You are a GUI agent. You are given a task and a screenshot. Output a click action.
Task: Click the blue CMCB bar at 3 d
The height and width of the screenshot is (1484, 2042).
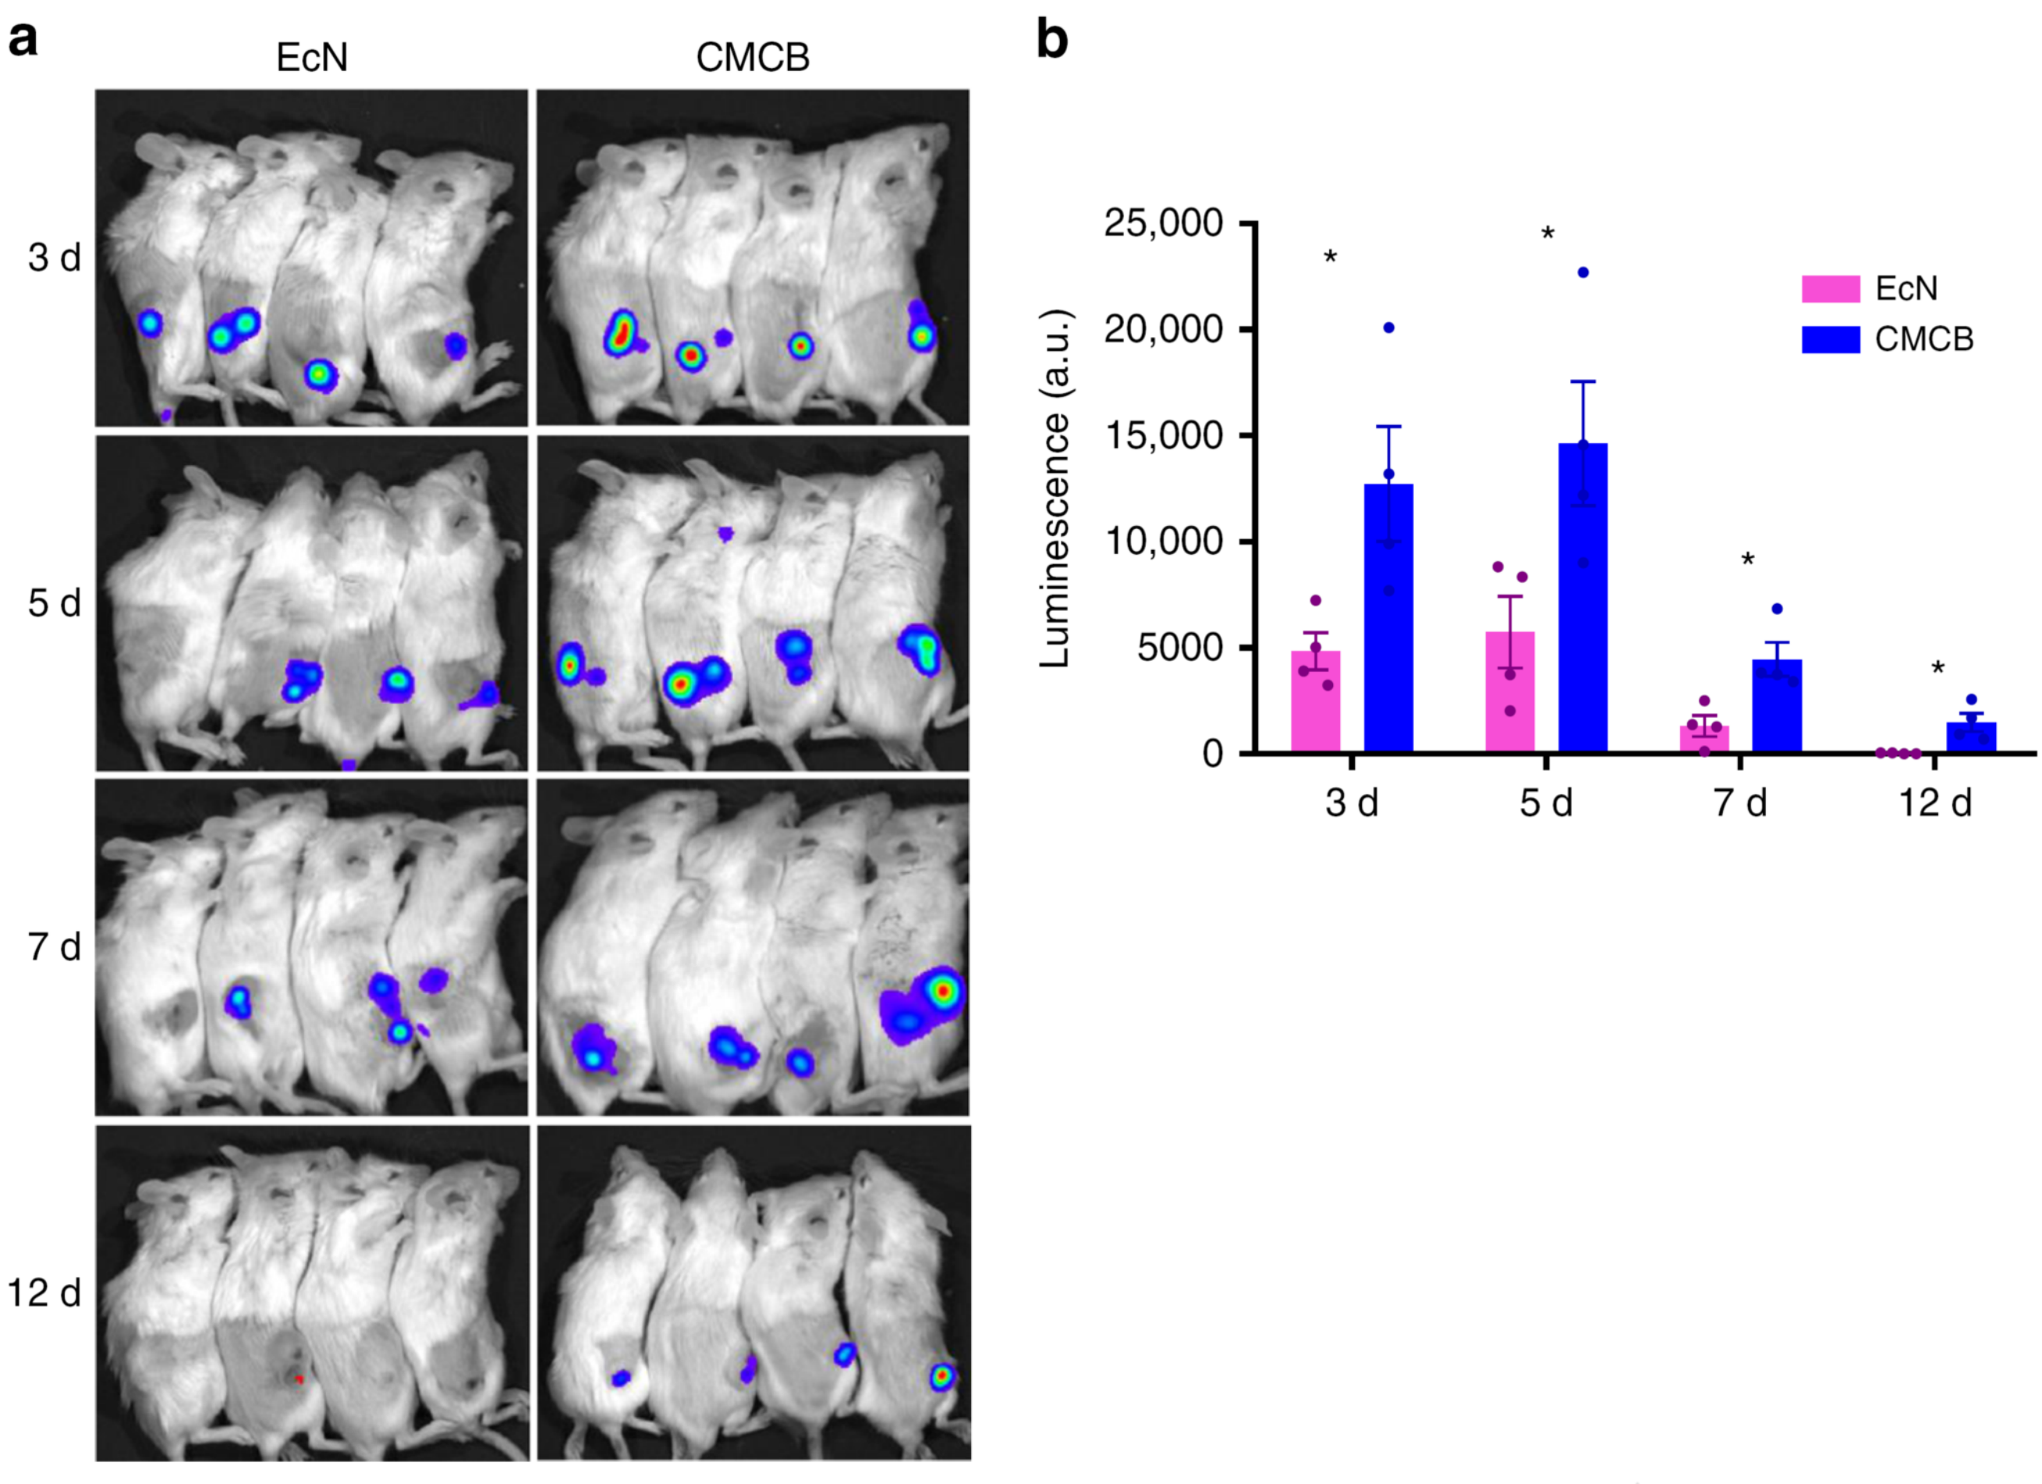(1388, 621)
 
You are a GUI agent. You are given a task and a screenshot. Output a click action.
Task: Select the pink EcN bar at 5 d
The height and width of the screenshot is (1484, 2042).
(1510, 694)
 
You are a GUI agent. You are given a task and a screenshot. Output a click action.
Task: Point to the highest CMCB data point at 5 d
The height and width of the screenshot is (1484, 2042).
(1583, 272)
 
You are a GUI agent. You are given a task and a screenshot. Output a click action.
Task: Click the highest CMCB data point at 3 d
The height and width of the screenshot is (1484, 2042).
(1388, 328)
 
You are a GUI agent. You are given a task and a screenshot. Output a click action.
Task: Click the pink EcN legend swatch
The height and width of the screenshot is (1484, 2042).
(1831, 289)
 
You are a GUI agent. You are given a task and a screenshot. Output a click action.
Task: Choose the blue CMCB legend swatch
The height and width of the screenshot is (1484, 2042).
(1831, 339)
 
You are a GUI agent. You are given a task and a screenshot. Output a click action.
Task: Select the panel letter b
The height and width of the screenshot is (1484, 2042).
(1052, 40)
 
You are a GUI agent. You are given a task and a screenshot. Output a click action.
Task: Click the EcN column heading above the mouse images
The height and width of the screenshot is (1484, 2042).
(311, 59)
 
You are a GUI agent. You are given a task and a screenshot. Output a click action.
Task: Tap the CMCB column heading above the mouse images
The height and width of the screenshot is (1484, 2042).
(753, 59)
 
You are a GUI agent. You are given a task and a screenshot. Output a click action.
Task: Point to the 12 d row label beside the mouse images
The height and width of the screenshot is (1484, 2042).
(44, 1293)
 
